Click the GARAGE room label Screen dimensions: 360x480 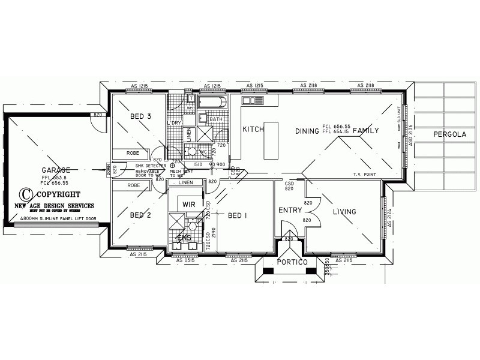click(x=56, y=170)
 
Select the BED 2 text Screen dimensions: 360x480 click(x=140, y=215)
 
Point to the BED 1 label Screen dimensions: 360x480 click(x=237, y=215)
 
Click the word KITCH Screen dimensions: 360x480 click(x=253, y=130)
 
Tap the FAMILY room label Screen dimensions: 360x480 click(x=365, y=130)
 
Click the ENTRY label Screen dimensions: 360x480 click(x=289, y=210)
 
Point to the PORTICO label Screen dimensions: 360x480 click(x=292, y=263)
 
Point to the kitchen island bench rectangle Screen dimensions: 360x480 click(x=272, y=139)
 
